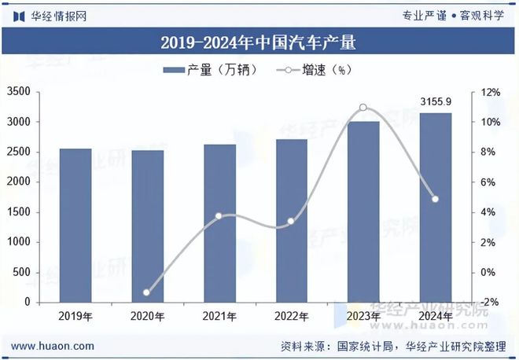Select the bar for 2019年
click(75, 226)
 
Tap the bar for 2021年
click(219, 223)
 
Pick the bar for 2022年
click(291, 221)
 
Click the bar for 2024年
click(435, 208)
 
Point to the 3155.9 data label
click(435, 102)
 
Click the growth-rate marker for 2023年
click(363, 108)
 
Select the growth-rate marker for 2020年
click(146, 292)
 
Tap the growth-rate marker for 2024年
click(435, 199)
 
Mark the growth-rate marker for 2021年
click(219, 215)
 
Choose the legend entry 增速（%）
click(315, 71)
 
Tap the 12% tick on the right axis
click(490, 93)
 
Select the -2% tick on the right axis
click(490, 303)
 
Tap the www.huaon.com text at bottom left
click(53, 346)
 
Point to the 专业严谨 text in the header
click(425, 15)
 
